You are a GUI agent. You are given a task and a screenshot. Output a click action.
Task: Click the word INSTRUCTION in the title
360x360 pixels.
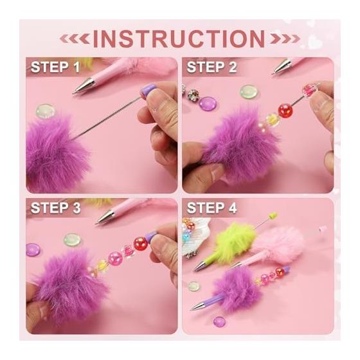tap(179, 39)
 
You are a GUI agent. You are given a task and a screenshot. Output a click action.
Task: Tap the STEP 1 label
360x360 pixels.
tap(55, 67)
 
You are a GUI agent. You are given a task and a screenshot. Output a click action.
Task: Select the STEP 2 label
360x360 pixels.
tap(212, 67)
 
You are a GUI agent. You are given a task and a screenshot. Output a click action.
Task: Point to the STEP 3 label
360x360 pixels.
tap(55, 208)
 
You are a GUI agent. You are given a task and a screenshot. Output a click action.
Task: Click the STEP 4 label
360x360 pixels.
tap(212, 208)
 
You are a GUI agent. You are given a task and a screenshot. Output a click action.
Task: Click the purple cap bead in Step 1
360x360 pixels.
tap(147, 91)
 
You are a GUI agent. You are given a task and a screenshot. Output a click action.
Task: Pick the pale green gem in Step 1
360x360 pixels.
tap(46, 111)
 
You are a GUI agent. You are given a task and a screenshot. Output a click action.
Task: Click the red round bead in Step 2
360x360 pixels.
tap(285, 111)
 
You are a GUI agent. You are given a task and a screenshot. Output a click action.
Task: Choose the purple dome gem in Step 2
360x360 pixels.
tap(208, 103)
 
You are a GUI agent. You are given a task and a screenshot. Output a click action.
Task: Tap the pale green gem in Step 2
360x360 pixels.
tap(249, 91)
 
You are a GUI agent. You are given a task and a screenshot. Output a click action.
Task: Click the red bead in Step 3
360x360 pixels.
tap(141, 244)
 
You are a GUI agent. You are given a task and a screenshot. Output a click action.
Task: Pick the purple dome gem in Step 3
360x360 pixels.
tap(33, 249)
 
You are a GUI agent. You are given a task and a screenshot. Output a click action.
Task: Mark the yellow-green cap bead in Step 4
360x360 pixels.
tap(273, 216)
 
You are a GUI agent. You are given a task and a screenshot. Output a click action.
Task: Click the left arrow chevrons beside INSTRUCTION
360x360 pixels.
tap(75, 39)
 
